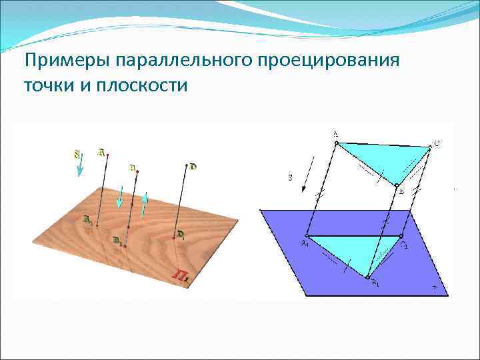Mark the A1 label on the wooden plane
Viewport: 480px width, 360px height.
coord(87,219)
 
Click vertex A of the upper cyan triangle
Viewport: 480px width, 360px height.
coord(337,142)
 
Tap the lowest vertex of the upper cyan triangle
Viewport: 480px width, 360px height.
coord(396,186)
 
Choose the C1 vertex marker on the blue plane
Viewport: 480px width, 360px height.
coord(401,236)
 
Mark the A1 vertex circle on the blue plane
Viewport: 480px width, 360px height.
coord(307,236)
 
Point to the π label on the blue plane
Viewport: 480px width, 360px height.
coord(434,289)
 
